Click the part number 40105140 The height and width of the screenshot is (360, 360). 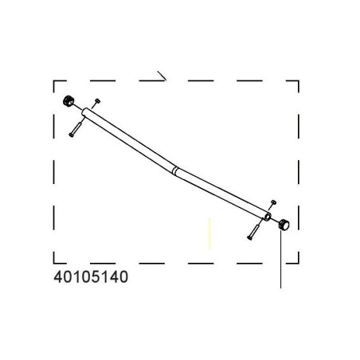tap(91, 277)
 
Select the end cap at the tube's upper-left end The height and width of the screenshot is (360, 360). tap(68, 101)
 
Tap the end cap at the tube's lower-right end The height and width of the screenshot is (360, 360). tap(284, 225)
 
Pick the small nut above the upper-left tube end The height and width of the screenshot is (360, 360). tap(97, 101)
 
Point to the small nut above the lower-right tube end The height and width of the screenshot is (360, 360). tap(274, 202)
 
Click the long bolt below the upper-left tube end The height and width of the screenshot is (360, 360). tap(76, 129)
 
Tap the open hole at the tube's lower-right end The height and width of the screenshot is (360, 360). tap(268, 217)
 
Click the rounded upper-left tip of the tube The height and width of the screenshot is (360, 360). tap(84, 112)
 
